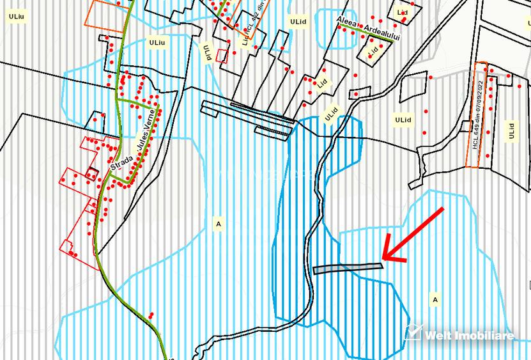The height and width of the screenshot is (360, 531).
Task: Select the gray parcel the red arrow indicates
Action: pyautogui.click(x=348, y=268)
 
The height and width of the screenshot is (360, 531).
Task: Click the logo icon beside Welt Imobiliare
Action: pyautogui.click(x=413, y=332)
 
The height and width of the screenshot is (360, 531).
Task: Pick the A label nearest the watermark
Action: pyautogui.click(x=435, y=299)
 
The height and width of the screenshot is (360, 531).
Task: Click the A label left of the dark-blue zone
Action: pyautogui.click(x=219, y=224)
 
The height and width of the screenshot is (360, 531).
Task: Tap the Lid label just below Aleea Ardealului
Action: pyautogui.click(x=373, y=51)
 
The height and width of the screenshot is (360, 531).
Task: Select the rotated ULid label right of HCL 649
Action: pyautogui.click(x=511, y=131)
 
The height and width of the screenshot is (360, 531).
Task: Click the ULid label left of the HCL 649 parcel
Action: pyautogui.click(x=403, y=120)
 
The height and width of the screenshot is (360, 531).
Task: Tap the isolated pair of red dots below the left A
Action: pyautogui.click(x=151, y=315)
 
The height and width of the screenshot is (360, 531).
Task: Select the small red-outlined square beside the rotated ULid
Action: pyautogui.click(x=222, y=55)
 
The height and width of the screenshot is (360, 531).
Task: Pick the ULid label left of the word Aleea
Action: pyautogui.click(x=298, y=21)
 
